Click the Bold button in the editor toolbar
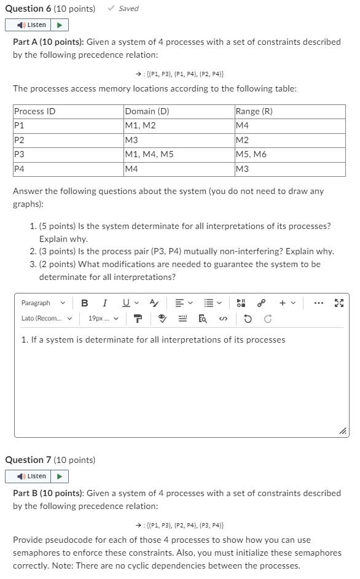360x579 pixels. pos(85,303)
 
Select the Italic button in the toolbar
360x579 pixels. pos(104,303)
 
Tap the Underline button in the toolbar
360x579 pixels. pos(126,303)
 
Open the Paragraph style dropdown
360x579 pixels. pos(43,303)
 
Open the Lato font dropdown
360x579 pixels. pos(47,318)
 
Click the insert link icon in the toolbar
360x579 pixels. pos(261,303)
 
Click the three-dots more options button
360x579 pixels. pos(318,303)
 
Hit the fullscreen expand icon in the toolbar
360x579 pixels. pos(339,303)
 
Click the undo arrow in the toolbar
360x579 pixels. pos(248,319)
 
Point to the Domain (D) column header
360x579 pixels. pos(147,111)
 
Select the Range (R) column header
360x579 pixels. pos(254,111)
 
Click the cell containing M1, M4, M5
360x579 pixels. pos(149,154)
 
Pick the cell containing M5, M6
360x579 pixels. pos(251,154)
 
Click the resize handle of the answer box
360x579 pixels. pos(343,431)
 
